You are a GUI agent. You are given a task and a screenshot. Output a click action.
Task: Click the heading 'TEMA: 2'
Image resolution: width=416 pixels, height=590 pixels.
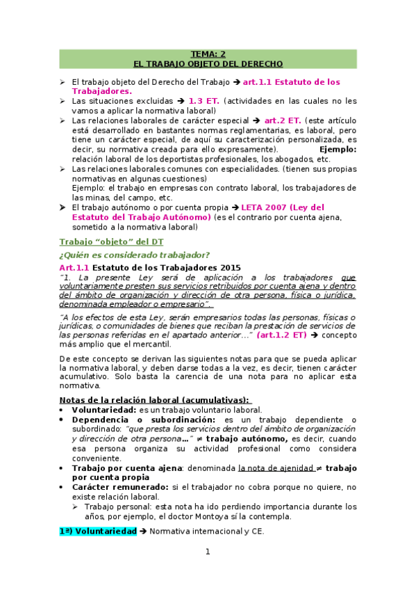click(208, 54)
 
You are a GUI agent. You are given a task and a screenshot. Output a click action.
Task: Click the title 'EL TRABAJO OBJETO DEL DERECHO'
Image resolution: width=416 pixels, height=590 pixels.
click(208, 63)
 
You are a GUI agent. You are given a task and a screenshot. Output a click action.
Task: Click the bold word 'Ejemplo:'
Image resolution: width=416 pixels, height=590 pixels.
click(338, 149)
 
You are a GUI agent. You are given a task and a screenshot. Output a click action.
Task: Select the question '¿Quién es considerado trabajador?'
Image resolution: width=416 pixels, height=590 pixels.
click(135, 255)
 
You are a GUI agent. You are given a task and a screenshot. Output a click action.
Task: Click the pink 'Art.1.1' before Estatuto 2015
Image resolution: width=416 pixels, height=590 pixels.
click(74, 267)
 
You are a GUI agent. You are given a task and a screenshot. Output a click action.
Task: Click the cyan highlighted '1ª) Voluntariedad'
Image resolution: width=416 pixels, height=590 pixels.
click(97, 532)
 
